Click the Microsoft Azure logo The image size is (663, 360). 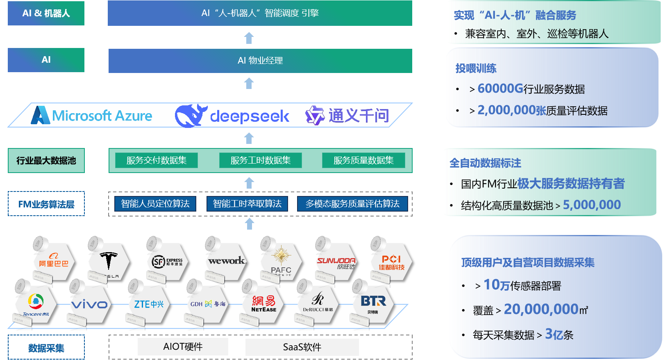pyautogui.click(x=92, y=116)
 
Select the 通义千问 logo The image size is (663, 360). pyautogui.click(x=347, y=116)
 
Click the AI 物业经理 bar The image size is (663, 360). pyautogui.click(x=260, y=61)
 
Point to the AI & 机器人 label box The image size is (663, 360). pyautogui.click(x=46, y=13)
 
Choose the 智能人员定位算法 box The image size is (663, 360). pyautogui.click(x=155, y=204)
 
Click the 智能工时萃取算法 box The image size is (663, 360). pyautogui.click(x=247, y=204)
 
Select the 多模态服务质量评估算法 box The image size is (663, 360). pyautogui.click(x=352, y=204)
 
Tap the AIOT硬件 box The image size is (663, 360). pyautogui.click(x=183, y=347)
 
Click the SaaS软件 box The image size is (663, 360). pyautogui.click(x=302, y=347)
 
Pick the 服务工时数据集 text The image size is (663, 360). pyautogui.click(x=261, y=160)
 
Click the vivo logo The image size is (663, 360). pyautogui.click(x=89, y=304)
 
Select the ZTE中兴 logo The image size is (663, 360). pyautogui.click(x=148, y=304)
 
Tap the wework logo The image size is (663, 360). pyautogui.click(x=226, y=261)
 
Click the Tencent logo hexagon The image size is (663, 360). pyautogui.click(x=36, y=304)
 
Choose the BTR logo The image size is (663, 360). pyautogui.click(x=373, y=303)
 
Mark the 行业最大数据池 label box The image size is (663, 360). pyautogui.click(x=46, y=161)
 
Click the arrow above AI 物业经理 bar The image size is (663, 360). pyautogui.click(x=249, y=38)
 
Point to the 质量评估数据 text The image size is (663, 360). pyautogui.click(x=577, y=111)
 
